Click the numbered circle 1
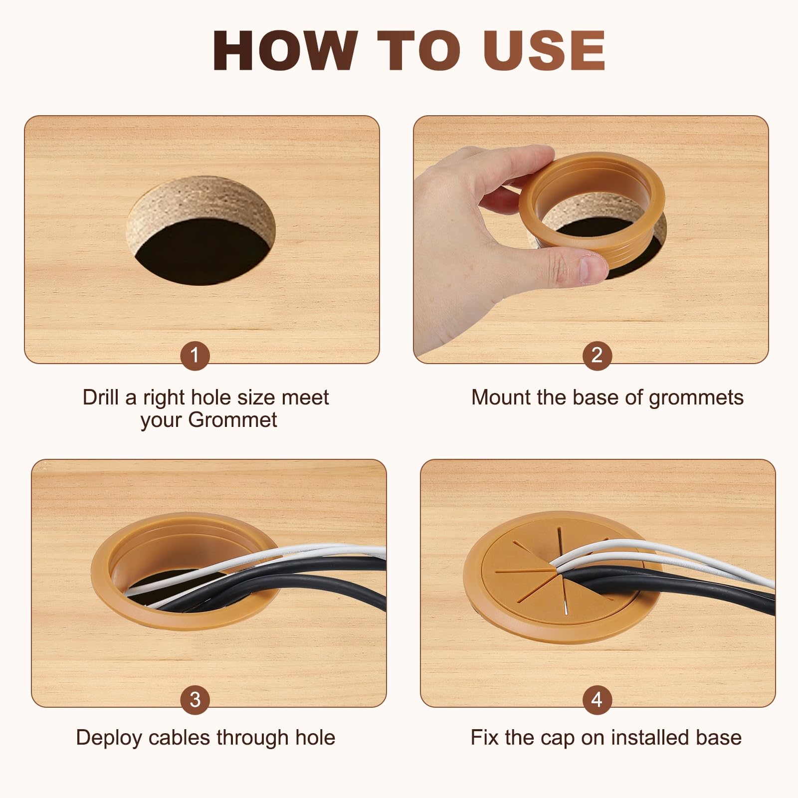195,355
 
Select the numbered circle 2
597,355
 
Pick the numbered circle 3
195,699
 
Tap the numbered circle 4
597,699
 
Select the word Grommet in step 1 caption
233,419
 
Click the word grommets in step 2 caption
696,398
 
